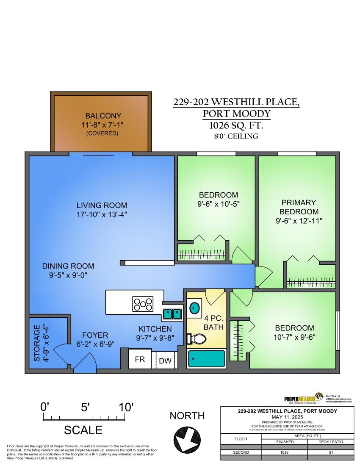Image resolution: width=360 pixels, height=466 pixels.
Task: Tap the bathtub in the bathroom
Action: (x=206, y=359)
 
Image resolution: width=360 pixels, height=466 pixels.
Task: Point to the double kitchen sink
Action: (x=173, y=313)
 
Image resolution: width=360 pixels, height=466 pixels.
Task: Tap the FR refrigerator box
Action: (x=140, y=360)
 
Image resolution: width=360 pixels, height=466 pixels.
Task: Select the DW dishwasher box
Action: (x=165, y=361)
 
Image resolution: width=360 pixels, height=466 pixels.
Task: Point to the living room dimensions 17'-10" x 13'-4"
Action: (x=99, y=214)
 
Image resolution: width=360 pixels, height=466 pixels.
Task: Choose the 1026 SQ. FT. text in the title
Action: (x=236, y=125)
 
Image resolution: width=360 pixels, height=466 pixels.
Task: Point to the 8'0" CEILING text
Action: (x=236, y=136)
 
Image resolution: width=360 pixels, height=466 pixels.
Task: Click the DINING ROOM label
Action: (x=68, y=266)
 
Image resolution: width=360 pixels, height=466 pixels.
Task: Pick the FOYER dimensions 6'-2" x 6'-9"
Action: (x=95, y=344)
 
